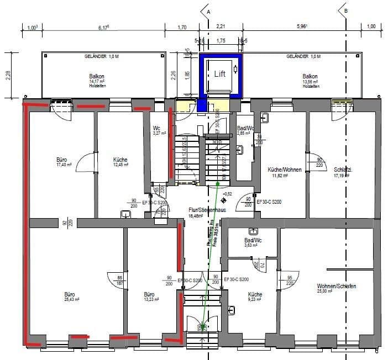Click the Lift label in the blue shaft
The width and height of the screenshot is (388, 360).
pyautogui.click(x=220, y=73)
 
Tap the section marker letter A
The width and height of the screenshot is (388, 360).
pyautogui.click(x=208, y=10)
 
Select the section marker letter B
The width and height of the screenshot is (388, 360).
pyautogui.click(x=346, y=10)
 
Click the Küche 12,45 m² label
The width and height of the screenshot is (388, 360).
pyautogui.click(x=120, y=161)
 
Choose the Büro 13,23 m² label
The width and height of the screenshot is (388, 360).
pyautogui.click(x=149, y=297)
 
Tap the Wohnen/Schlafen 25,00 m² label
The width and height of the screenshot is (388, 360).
pyautogui.click(x=336, y=288)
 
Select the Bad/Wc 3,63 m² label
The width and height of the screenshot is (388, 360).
pyautogui.click(x=253, y=243)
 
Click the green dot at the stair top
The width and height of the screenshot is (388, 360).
pyautogui.click(x=218, y=183)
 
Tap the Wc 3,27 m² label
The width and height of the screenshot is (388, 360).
pyautogui.click(x=159, y=130)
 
